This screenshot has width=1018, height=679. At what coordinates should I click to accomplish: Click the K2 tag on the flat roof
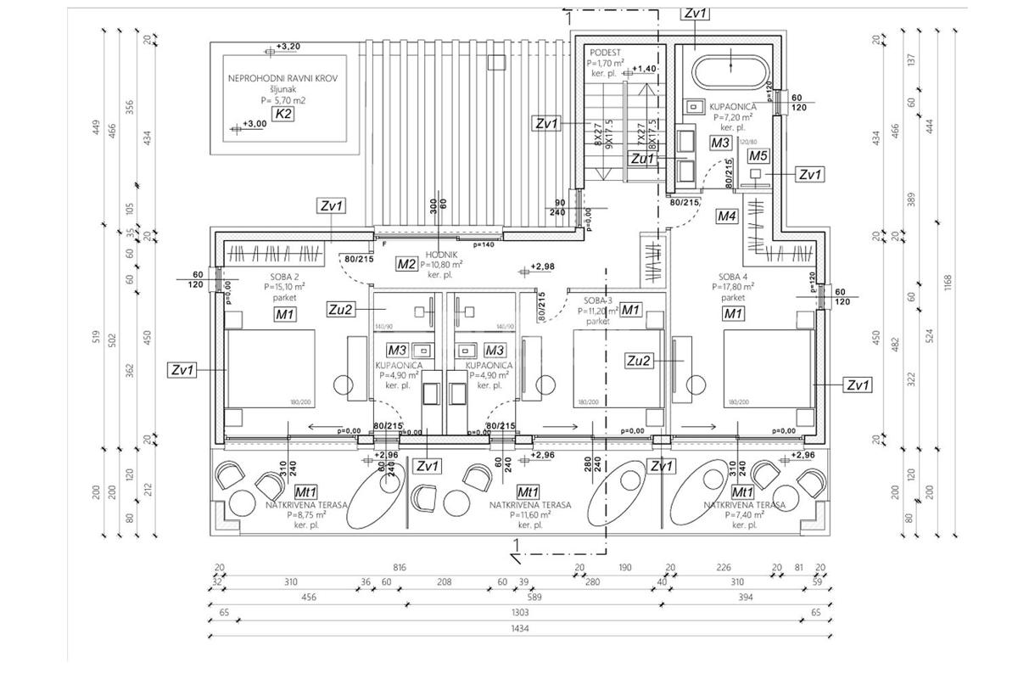click(x=282, y=115)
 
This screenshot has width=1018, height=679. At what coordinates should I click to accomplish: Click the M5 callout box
click(x=758, y=155)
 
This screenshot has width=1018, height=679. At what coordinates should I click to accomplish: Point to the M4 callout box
click(x=727, y=216)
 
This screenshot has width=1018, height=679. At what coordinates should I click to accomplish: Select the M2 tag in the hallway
click(x=406, y=264)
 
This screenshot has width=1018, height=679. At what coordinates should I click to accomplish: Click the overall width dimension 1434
click(x=520, y=627)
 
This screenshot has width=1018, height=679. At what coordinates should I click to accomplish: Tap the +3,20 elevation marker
click(x=288, y=46)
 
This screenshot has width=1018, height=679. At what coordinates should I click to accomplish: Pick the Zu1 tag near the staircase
click(x=642, y=158)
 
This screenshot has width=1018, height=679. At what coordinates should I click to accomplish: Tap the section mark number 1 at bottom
click(x=515, y=543)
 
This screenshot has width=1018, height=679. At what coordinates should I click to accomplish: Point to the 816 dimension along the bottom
click(x=400, y=568)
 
